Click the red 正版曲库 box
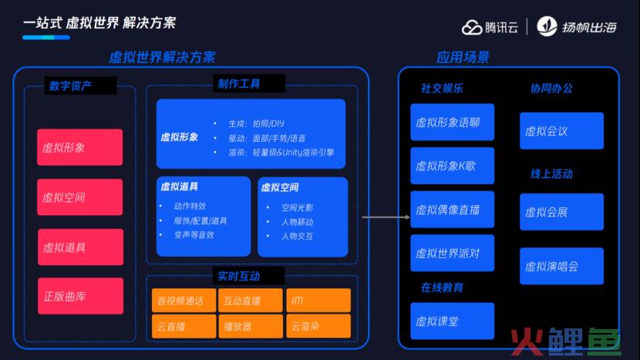(80, 296)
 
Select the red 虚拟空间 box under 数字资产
(79, 197)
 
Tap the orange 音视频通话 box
(184, 301)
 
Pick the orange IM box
(318, 301)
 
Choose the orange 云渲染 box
(318, 326)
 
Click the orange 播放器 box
(250, 326)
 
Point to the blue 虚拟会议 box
(561, 130)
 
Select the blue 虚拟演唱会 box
(561, 266)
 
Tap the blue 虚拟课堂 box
(453, 321)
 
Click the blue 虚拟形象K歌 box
(453, 166)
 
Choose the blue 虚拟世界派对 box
(453, 253)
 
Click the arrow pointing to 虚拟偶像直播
(386, 217)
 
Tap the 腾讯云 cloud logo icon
(472, 28)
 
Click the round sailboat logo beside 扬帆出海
(547, 26)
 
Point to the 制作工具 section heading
(239, 84)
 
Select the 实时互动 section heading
(239, 276)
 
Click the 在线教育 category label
(442, 288)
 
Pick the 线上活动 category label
(551, 174)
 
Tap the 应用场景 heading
(463, 57)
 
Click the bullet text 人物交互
(297, 237)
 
